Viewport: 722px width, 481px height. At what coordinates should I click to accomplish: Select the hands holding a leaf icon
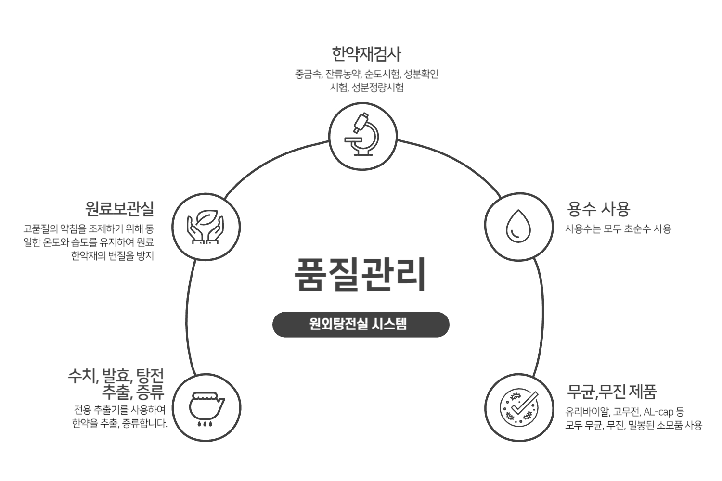coord(206,227)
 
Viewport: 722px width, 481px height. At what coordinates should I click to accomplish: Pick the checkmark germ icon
coord(518,407)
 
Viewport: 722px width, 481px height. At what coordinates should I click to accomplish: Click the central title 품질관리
coord(360,275)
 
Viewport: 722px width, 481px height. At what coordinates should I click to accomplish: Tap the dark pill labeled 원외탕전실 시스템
coord(361,324)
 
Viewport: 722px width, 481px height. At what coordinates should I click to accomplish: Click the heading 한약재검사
coord(366,53)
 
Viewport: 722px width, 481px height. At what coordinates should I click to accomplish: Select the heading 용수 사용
coord(599,209)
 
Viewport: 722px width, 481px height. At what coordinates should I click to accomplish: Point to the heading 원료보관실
coord(119,209)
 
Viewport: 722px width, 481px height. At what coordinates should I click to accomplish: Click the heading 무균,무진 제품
coord(611,392)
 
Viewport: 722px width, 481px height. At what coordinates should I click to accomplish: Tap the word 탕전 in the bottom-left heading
coord(150,375)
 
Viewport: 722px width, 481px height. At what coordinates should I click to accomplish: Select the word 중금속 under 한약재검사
coord(308,75)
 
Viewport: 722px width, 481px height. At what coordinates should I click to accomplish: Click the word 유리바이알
coord(587,412)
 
